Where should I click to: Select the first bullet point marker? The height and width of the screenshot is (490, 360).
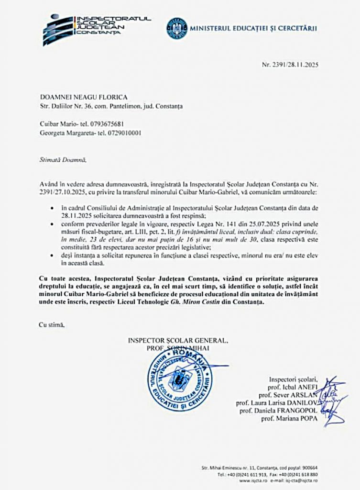click(52, 210)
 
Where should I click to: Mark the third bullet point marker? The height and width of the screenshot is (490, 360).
click(52, 256)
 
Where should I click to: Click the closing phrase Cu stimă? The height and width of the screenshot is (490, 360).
click(51, 325)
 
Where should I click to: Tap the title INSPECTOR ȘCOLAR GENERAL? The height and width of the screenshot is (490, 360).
click(178, 340)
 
